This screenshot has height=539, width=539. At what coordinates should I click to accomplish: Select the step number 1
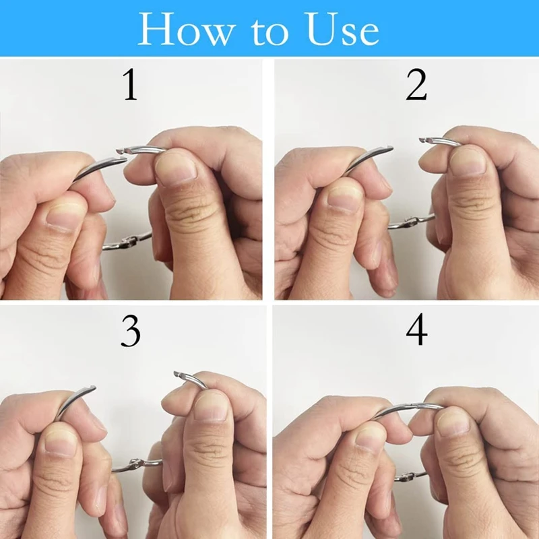pyautogui.click(x=130, y=85)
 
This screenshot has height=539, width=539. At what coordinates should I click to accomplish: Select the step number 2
pyautogui.click(x=416, y=85)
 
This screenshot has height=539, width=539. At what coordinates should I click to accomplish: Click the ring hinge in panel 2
pyautogui.click(x=404, y=220)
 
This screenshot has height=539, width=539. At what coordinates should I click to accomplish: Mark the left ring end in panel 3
pyautogui.click(x=90, y=389)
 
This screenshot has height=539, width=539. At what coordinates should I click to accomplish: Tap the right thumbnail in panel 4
pyautogui.click(x=453, y=423)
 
